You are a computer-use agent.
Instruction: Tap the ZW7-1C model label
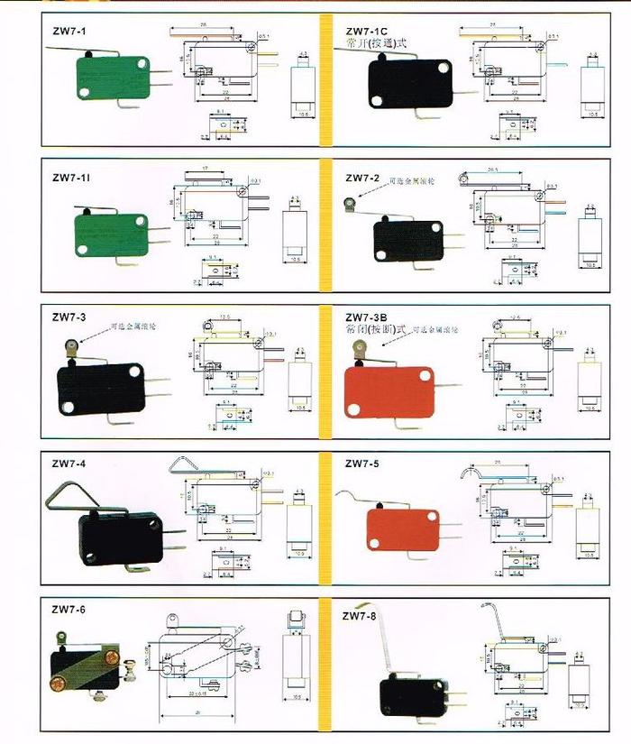367,31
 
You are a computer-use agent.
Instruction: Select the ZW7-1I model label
71,177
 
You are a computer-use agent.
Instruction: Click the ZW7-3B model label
366,317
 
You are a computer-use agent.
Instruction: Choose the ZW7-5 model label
362,464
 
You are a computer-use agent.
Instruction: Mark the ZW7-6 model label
69,611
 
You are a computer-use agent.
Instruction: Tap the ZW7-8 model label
360,617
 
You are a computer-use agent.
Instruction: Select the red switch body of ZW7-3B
388,391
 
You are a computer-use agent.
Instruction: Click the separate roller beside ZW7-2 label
350,204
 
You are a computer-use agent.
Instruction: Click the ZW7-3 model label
69,317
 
